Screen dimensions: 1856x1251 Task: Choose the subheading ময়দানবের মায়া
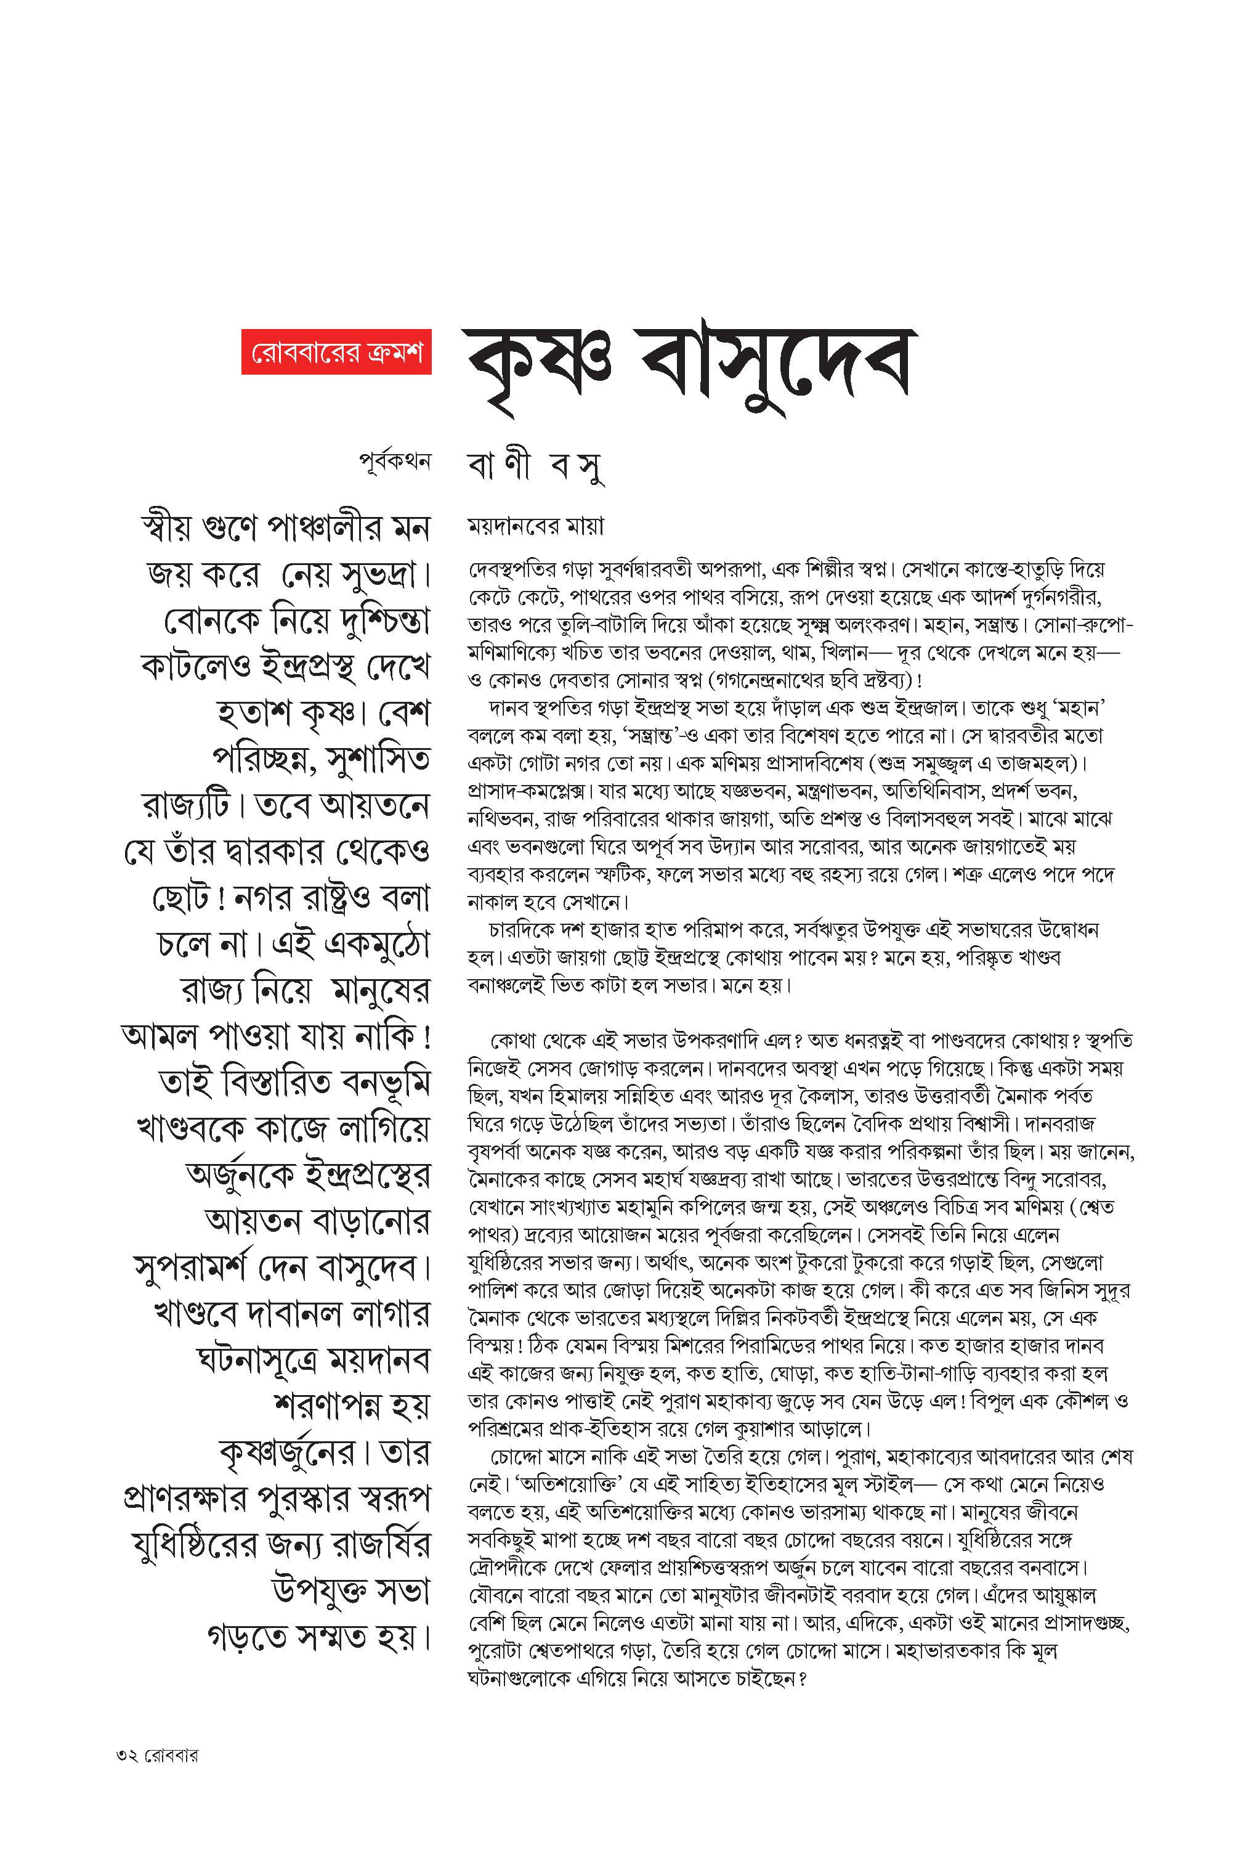tap(535, 527)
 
